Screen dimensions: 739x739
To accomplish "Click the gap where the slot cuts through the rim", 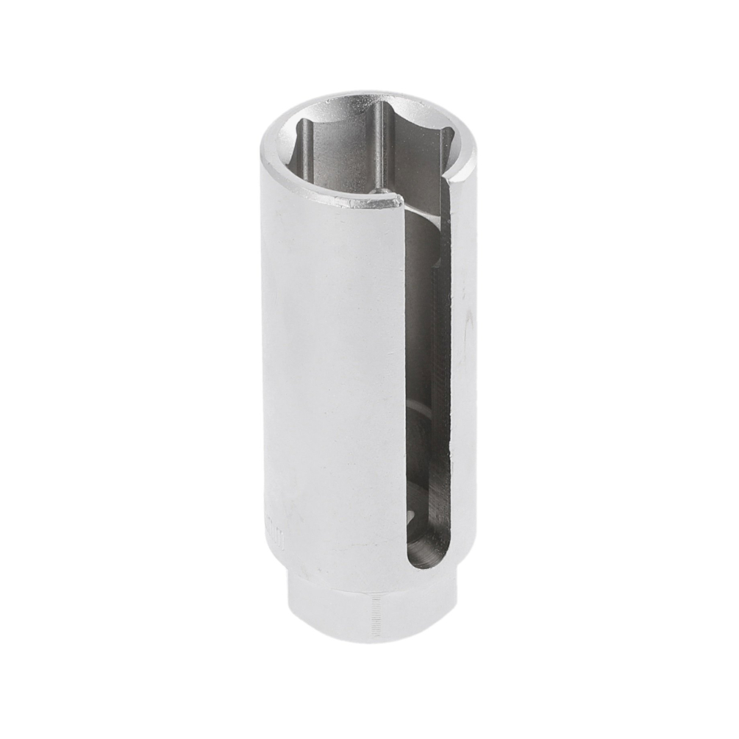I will tap(426, 193).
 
